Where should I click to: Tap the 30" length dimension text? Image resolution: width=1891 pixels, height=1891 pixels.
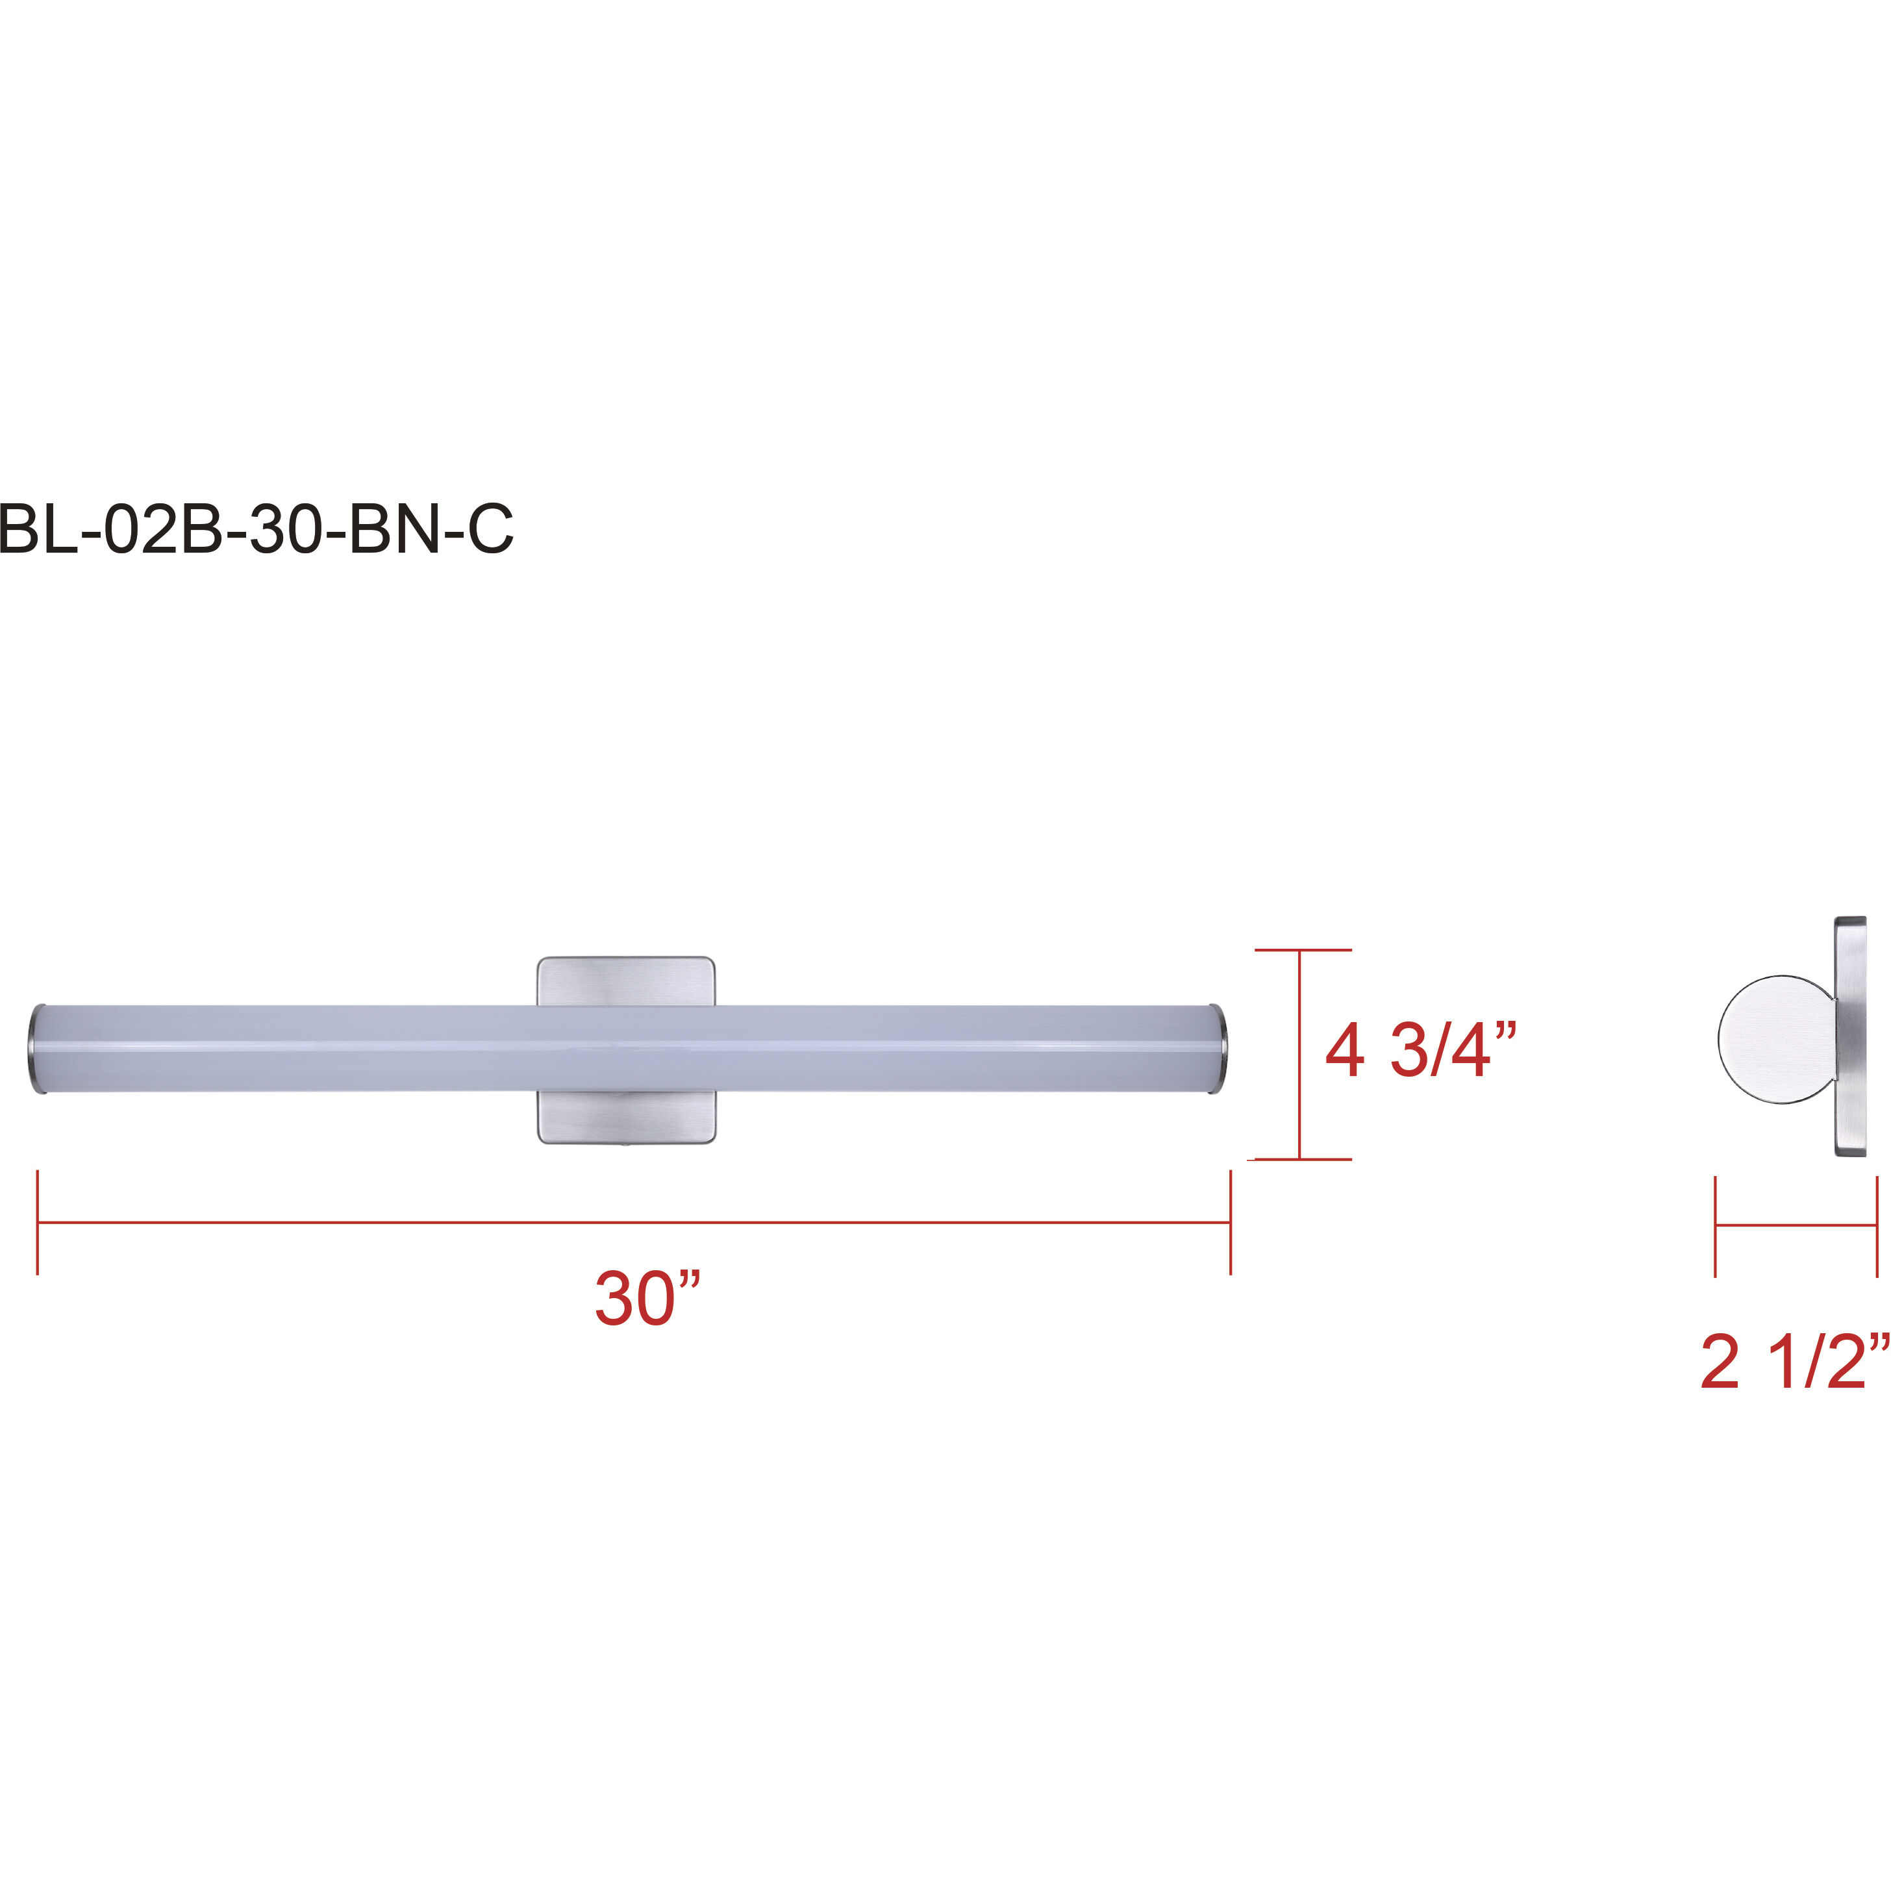(648, 1299)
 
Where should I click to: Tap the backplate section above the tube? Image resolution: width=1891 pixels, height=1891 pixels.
(625, 981)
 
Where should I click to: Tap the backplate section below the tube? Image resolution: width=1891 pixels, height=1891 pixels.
(625, 1117)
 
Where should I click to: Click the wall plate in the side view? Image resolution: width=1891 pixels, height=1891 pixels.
(1850, 1038)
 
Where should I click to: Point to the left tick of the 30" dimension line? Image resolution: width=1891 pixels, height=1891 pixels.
(37, 1223)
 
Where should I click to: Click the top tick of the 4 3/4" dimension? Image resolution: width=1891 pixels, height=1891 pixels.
(1302, 949)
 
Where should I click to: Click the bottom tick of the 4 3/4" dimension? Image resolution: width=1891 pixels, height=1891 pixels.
(1302, 1160)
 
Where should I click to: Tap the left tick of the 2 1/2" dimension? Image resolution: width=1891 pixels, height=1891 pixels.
(1716, 1227)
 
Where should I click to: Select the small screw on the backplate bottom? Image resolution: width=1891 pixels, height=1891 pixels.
(625, 1141)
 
